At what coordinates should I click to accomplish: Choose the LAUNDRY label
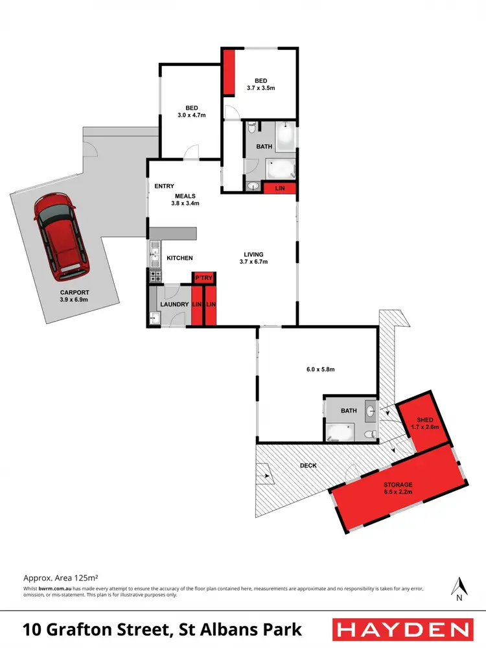[x=174, y=305]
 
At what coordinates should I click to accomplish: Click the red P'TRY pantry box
[x=204, y=279]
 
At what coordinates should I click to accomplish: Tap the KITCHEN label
[x=179, y=258]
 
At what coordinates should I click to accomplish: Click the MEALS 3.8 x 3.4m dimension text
[x=185, y=203]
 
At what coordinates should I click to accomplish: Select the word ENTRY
[x=164, y=187]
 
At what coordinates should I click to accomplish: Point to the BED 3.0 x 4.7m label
[x=191, y=111]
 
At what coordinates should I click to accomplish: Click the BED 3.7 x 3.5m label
[x=260, y=84]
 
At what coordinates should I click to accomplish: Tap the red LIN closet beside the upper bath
[x=281, y=188]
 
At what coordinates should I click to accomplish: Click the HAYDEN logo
[x=402, y=629]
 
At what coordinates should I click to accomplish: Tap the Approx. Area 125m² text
[x=60, y=576]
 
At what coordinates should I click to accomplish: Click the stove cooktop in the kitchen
[x=156, y=276]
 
